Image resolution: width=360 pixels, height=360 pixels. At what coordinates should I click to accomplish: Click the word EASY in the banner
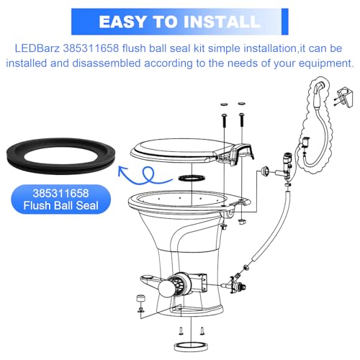click(x=123, y=22)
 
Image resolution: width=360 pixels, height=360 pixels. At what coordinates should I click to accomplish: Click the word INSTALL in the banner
click(x=222, y=22)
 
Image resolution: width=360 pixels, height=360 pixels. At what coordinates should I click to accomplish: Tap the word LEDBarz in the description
click(x=37, y=48)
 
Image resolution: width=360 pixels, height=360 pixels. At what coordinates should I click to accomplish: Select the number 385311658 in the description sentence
click(x=91, y=48)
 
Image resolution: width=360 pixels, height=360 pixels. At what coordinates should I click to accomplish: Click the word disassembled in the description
click(x=107, y=63)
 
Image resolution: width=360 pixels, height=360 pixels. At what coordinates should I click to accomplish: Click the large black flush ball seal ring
click(x=61, y=156)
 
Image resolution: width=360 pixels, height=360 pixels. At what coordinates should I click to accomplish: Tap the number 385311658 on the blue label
click(x=61, y=193)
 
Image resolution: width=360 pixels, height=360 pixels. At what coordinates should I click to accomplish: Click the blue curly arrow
click(x=145, y=176)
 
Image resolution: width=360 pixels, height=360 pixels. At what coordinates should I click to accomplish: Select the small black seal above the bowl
click(x=192, y=178)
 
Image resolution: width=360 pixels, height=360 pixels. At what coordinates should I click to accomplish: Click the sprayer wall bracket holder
click(x=345, y=96)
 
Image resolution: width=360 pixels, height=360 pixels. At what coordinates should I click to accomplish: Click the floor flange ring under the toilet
click(x=190, y=347)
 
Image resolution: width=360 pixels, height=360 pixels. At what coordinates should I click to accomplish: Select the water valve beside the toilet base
click(x=237, y=285)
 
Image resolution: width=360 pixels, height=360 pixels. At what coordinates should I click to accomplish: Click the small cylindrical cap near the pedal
click(x=140, y=300)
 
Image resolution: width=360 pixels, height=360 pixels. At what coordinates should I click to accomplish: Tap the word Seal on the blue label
click(x=87, y=205)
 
